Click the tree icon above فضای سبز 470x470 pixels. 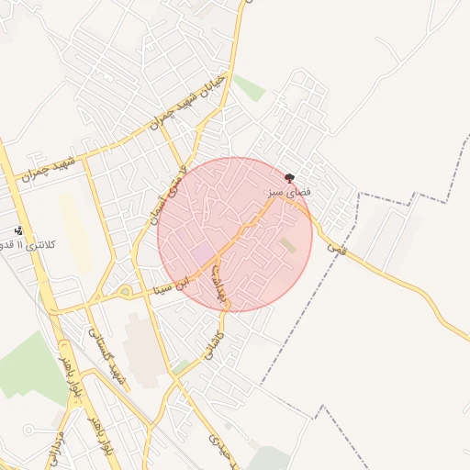click(290, 178)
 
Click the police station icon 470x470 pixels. click(18, 230)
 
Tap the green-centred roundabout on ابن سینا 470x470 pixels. click(124, 292)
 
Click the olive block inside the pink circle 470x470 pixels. click(288, 245)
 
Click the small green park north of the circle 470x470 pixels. click(247, 88)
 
